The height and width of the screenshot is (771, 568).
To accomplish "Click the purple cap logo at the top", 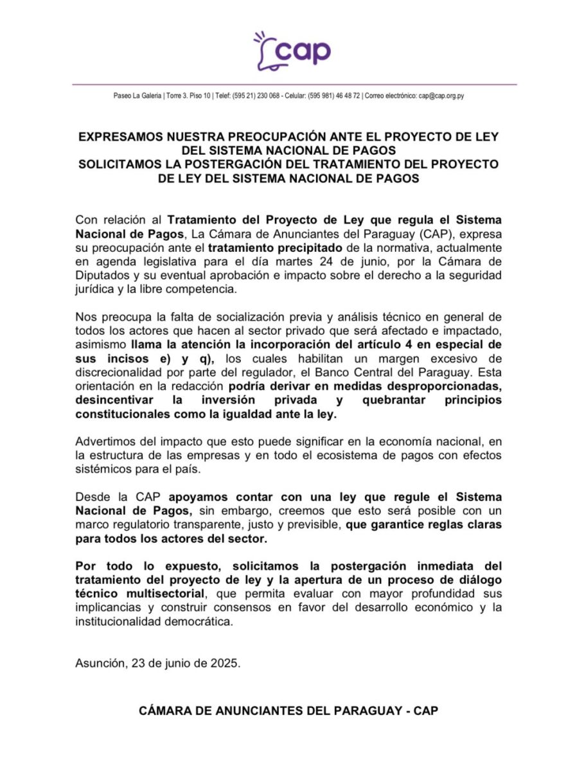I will tap(293, 50).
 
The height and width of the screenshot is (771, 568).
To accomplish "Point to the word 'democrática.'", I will tap(199, 621).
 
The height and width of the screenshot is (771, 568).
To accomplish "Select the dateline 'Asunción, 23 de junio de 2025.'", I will tap(158, 663).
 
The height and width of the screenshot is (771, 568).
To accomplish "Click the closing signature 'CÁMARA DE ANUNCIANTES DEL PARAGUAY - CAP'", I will tap(288, 712).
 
